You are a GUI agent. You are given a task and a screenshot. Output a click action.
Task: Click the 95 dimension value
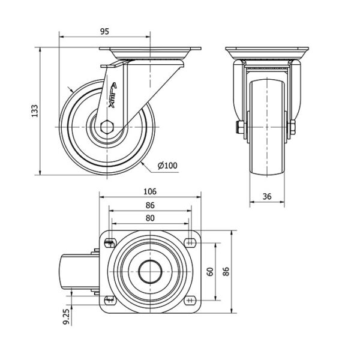(104, 31)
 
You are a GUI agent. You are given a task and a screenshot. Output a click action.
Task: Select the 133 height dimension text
(35, 111)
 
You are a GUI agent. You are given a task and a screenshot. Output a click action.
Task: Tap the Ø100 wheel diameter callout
(167, 166)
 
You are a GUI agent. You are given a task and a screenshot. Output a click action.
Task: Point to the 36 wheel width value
(267, 197)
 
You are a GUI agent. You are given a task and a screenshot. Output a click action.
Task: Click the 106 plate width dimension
(150, 191)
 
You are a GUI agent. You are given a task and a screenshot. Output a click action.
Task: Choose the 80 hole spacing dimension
(150, 218)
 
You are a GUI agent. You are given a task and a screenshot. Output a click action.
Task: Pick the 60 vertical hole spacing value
(210, 272)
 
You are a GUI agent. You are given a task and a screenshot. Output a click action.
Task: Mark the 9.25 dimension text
(66, 316)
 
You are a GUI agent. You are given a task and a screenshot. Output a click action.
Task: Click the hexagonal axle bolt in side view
(107, 127)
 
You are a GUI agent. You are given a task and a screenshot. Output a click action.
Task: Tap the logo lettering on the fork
(112, 95)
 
